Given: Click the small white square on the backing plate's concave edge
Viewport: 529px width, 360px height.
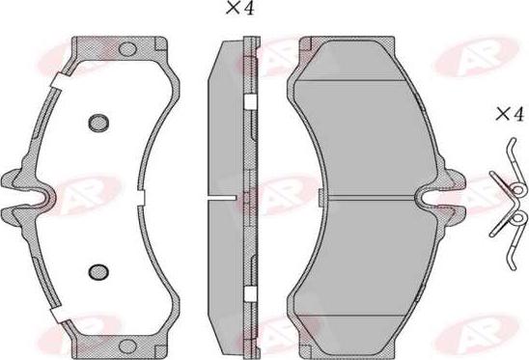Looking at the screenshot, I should pyautogui.click(x=141, y=198).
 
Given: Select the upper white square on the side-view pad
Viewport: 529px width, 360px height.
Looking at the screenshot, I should pyautogui.click(x=249, y=101).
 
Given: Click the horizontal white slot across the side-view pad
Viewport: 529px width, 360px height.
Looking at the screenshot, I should pyautogui.click(x=224, y=199).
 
